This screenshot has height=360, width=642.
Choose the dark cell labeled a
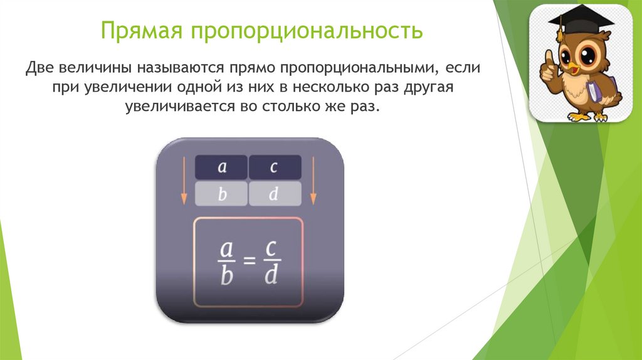[x=221, y=167]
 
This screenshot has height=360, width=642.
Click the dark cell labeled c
[x=275, y=167]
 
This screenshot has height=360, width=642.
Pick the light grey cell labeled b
[x=221, y=194]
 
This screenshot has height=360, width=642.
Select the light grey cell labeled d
[x=275, y=194]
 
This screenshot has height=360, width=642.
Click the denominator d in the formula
[x=271, y=275]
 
